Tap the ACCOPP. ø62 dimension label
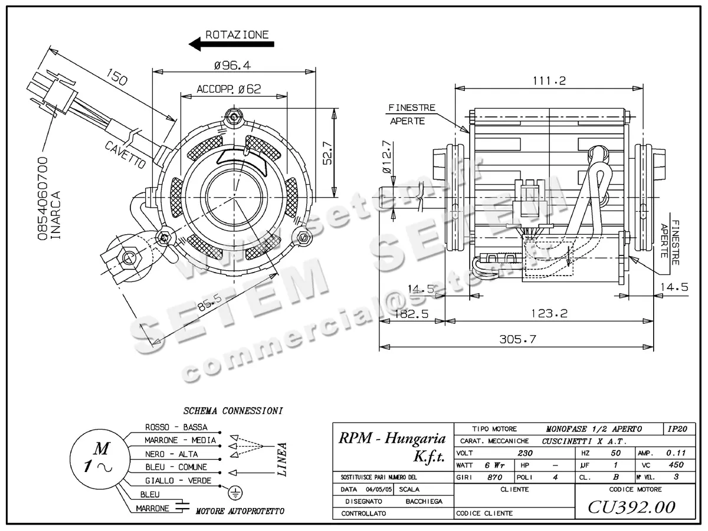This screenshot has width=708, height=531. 229,89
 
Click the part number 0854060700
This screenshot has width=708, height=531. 42,198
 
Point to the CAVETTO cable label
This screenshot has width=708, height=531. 125,155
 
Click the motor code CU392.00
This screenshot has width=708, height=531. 631,507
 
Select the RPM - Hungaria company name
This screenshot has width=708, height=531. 392,438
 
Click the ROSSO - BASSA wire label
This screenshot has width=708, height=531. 176,427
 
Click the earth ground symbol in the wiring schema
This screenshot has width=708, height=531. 234,492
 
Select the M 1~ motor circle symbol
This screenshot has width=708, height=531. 97,458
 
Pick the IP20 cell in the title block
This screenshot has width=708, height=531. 677,429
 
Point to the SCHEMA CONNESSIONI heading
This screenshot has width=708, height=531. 233,410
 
